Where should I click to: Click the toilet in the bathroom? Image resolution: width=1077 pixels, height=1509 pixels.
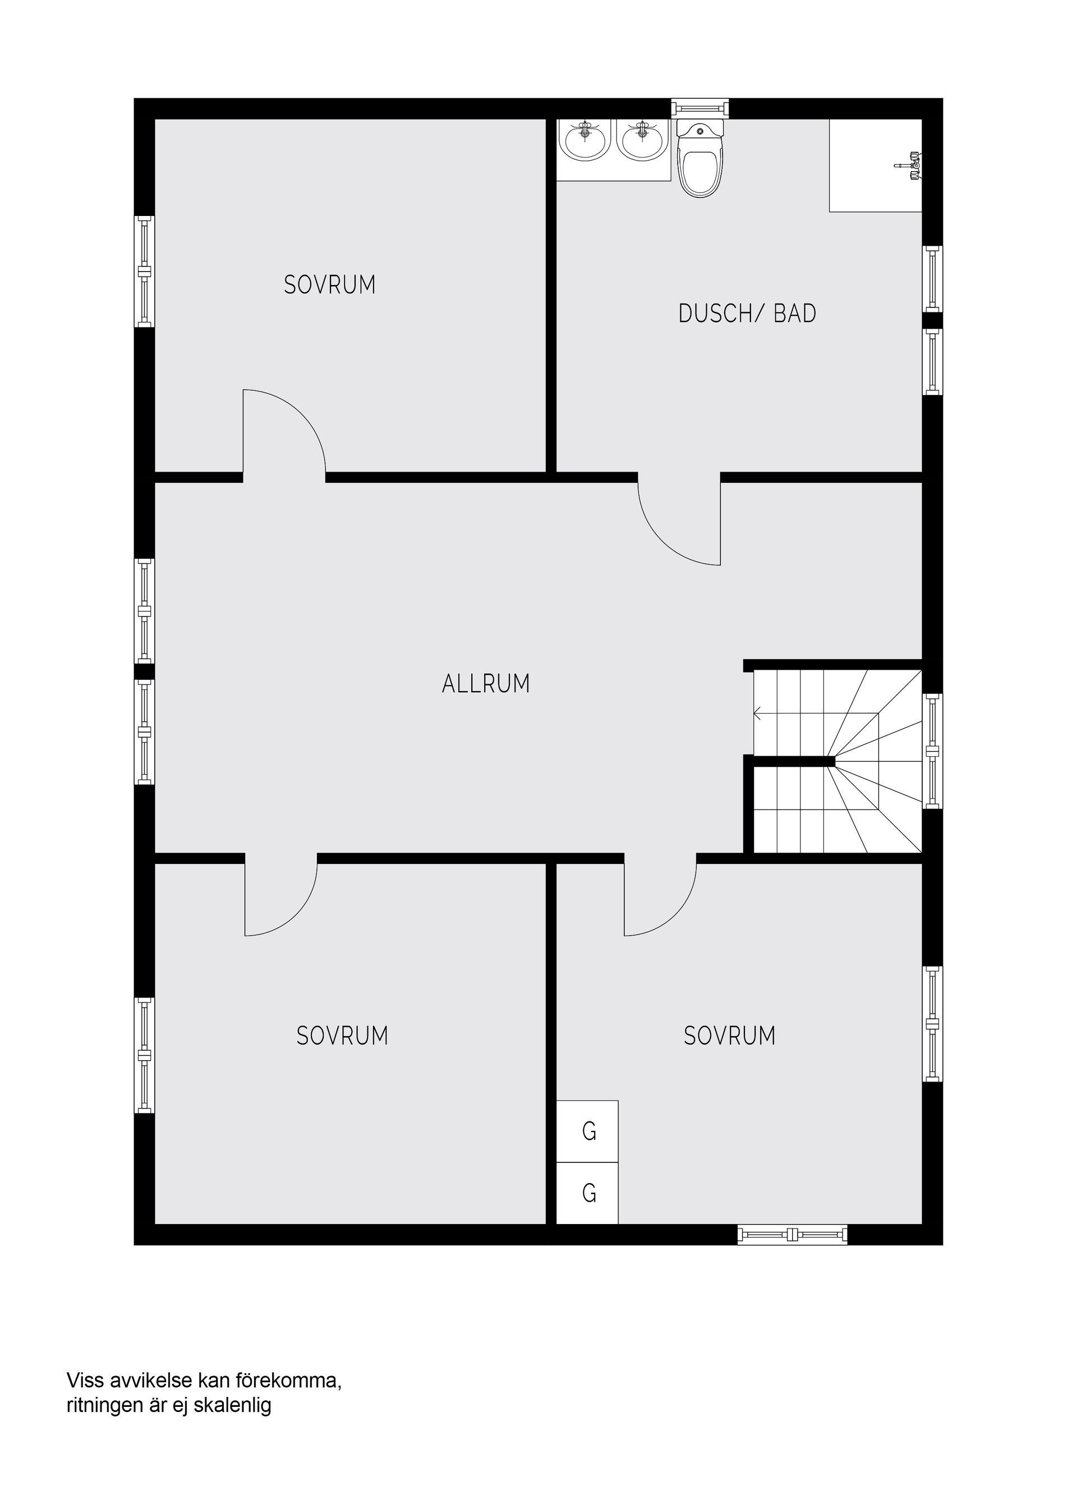700,159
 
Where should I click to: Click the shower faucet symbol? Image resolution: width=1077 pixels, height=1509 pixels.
909,164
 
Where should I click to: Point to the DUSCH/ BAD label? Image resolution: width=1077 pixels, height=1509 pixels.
747,314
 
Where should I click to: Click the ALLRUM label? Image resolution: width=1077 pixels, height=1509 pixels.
486,684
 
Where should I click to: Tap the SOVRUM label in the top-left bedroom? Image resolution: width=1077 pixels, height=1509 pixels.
330,285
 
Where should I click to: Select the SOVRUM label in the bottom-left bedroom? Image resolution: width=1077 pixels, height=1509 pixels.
342,1036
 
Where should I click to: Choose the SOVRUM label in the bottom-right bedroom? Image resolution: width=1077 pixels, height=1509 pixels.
729,1036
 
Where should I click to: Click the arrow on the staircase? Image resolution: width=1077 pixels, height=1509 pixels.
758,714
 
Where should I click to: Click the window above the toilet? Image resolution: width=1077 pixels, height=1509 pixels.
699,108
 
